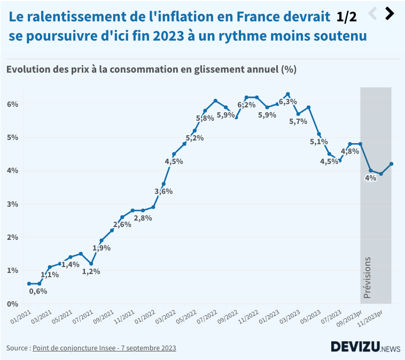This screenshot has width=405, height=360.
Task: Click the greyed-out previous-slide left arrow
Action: tap(373, 14)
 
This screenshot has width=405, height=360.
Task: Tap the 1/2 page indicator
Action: tap(346, 17)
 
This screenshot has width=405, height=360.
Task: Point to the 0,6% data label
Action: tap(38, 291)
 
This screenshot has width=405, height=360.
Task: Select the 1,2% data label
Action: tap(91, 271)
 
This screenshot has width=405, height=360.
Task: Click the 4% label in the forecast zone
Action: tap(370, 178)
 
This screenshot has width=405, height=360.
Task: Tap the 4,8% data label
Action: tap(349, 152)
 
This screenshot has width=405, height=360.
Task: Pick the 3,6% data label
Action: tap(163, 191)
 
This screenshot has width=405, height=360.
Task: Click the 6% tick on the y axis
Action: tap(12, 104)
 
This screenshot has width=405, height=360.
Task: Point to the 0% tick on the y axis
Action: tap(12, 303)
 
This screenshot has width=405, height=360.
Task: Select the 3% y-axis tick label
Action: tap(12, 204)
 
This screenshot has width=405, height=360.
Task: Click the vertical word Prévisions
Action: tap(367, 277)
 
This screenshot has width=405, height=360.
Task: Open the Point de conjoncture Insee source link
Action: tap(104, 348)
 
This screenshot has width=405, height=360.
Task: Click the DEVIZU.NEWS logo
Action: tap(365, 347)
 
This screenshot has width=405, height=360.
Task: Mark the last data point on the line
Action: tap(391, 164)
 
